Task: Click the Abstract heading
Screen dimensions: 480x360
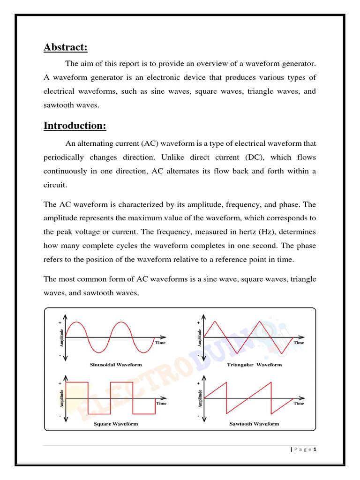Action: [x=65, y=48]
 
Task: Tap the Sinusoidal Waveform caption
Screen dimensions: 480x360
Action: [x=115, y=364]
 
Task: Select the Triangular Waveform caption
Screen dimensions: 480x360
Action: [x=254, y=364]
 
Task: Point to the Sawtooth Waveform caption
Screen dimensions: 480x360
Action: [x=254, y=424]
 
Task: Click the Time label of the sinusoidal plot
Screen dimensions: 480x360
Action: [x=161, y=343]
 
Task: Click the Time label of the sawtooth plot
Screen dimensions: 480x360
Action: [x=299, y=403]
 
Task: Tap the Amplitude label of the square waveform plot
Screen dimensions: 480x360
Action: [x=61, y=397]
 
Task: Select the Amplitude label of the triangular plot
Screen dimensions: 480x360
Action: [x=200, y=337]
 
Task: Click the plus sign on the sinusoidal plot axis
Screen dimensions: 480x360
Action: [x=60, y=323]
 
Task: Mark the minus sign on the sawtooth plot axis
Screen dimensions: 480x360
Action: [x=198, y=416]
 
